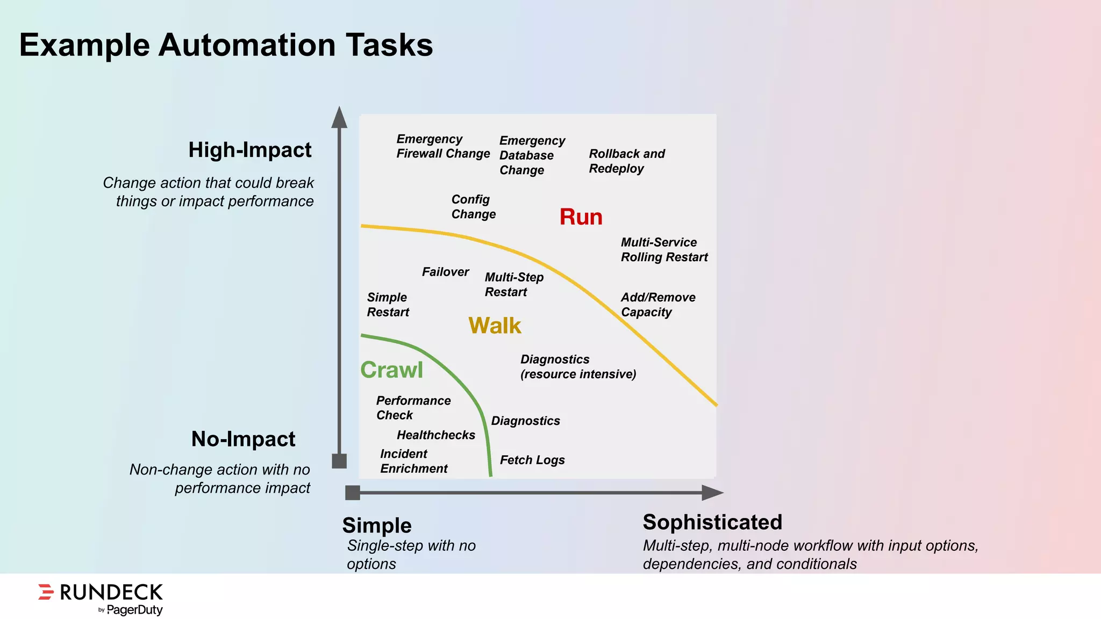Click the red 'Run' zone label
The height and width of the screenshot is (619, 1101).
(x=581, y=217)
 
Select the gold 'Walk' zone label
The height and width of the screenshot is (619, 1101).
(x=495, y=326)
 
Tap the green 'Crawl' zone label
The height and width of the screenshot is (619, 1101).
(x=391, y=370)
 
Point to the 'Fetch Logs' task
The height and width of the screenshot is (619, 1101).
(x=532, y=460)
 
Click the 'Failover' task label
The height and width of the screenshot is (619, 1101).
(x=445, y=272)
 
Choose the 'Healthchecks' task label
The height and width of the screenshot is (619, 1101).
(x=436, y=435)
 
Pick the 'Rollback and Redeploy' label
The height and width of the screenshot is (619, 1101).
(x=627, y=161)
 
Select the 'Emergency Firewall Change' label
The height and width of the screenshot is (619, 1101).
(x=443, y=146)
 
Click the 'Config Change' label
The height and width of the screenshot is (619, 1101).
(x=473, y=207)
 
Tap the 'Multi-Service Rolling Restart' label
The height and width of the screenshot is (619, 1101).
(x=664, y=250)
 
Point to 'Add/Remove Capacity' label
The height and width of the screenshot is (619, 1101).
(x=658, y=305)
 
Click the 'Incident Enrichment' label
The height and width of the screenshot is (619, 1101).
(x=413, y=461)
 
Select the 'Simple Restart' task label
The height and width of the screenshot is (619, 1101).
(x=388, y=305)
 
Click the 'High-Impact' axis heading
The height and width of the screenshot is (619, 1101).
(x=250, y=150)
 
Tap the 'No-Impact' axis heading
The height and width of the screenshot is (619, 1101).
(x=243, y=439)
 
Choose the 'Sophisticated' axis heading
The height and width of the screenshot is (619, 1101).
(x=712, y=522)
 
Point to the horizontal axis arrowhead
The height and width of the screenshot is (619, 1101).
(x=712, y=493)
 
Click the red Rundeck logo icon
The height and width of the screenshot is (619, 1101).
(x=46, y=592)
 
